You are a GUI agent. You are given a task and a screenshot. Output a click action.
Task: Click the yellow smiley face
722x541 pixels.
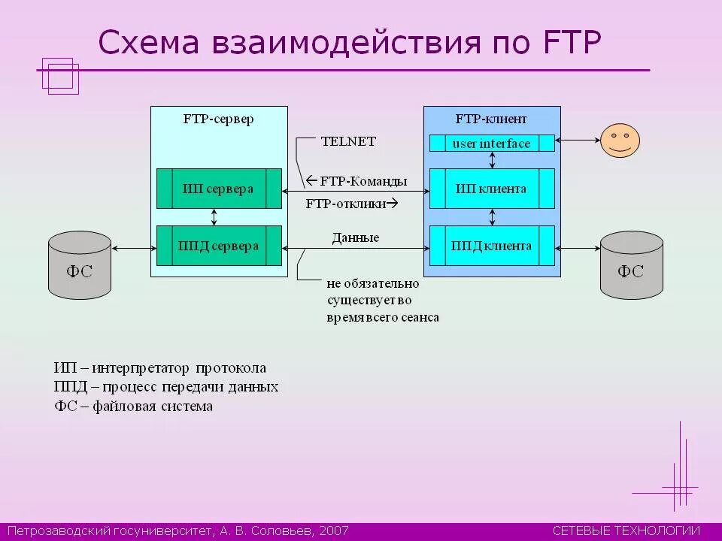click(x=620, y=141)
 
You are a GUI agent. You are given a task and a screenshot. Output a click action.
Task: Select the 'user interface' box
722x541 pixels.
click(x=492, y=144)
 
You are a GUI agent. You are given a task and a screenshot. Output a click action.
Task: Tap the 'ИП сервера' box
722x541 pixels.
click(x=218, y=189)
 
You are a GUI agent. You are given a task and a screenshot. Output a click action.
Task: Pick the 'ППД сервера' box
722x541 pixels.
click(x=219, y=246)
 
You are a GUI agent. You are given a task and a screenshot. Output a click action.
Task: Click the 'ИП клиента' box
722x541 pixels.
click(x=492, y=189)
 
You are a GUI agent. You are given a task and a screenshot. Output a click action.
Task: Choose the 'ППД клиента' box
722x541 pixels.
click(x=492, y=246)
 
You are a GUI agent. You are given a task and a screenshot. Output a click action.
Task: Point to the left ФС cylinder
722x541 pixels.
click(x=80, y=264)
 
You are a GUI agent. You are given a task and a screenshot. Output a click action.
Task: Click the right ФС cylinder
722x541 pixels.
click(x=631, y=264)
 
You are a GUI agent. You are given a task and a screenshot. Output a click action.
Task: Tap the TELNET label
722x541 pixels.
click(x=348, y=141)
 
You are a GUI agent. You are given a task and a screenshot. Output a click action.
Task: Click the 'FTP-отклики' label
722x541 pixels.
click(x=347, y=204)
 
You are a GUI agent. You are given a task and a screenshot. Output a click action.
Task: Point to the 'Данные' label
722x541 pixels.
click(x=356, y=238)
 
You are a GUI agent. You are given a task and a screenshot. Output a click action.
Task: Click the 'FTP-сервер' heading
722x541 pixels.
click(x=219, y=119)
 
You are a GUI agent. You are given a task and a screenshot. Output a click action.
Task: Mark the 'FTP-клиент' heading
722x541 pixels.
click(x=492, y=119)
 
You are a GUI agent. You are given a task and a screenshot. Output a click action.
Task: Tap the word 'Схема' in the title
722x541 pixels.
click(x=148, y=44)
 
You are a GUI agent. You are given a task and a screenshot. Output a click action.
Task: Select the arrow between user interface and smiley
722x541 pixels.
click(x=577, y=140)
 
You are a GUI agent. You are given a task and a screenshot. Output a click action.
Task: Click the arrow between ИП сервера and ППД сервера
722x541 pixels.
click(x=214, y=217)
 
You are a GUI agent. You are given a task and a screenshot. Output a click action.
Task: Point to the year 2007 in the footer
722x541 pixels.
click(x=334, y=530)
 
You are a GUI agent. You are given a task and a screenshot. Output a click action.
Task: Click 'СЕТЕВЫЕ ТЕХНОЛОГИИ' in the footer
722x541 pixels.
click(x=626, y=530)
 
